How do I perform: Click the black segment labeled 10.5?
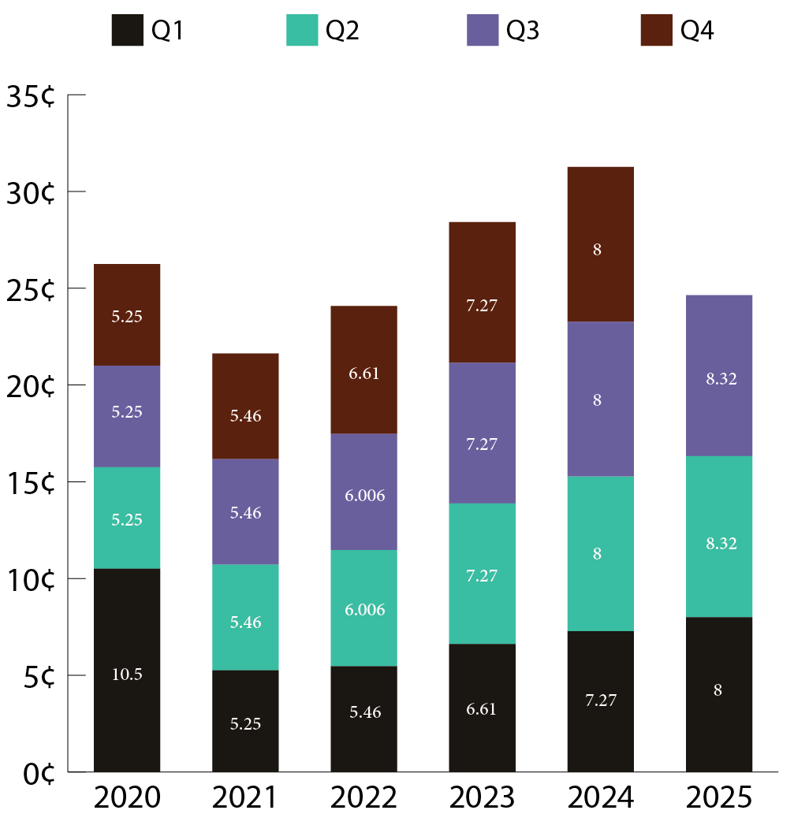point(127,670)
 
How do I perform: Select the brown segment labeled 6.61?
point(363,370)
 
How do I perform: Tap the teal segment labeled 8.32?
point(719,536)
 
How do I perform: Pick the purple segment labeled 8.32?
point(719,375)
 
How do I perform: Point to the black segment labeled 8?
point(719,694)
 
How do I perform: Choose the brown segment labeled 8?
point(600,243)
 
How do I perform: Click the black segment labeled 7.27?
point(600,701)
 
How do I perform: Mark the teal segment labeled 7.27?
point(482,573)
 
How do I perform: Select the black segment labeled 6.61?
point(482,708)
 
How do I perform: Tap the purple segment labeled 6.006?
point(363,492)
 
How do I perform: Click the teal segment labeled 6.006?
point(363,608)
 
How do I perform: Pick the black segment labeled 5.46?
point(363,719)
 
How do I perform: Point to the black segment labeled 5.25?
point(245,721)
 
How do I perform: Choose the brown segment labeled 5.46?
point(245,406)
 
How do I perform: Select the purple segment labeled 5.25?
point(127,416)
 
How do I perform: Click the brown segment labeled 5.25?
point(127,314)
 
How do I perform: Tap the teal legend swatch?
point(302,30)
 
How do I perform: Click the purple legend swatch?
point(483,30)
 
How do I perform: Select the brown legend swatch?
point(656,30)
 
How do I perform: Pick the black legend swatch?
point(127,30)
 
